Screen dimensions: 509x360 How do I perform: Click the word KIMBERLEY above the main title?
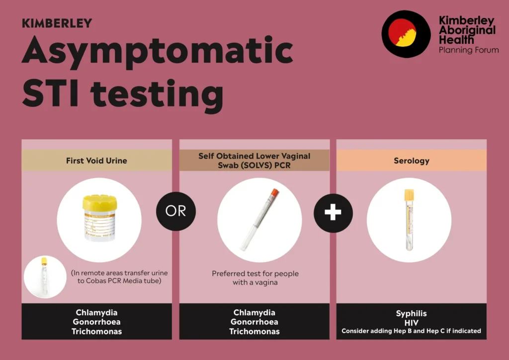[x=57, y=23]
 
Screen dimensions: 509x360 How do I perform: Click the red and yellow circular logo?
[x=406, y=34]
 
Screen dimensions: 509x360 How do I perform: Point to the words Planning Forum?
[x=469, y=50]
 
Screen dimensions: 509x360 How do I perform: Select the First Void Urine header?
[x=96, y=161]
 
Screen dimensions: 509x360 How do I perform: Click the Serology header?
[x=411, y=161]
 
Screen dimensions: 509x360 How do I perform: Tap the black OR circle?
[x=176, y=211]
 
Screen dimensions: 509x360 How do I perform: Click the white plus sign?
[x=333, y=213]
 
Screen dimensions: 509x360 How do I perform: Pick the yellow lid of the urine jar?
[x=99, y=202]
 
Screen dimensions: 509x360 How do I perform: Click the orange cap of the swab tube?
[x=274, y=192]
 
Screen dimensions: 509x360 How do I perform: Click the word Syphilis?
[x=411, y=314]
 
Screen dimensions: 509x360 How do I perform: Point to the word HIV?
[x=411, y=323]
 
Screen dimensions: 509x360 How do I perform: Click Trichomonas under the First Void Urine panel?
[x=97, y=332]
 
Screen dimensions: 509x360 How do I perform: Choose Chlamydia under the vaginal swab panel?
[x=254, y=313]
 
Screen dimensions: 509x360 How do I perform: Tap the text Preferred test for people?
[x=255, y=273]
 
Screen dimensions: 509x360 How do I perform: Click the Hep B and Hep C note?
[x=411, y=331]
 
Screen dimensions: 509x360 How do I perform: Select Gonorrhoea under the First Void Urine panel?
[x=96, y=322]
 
